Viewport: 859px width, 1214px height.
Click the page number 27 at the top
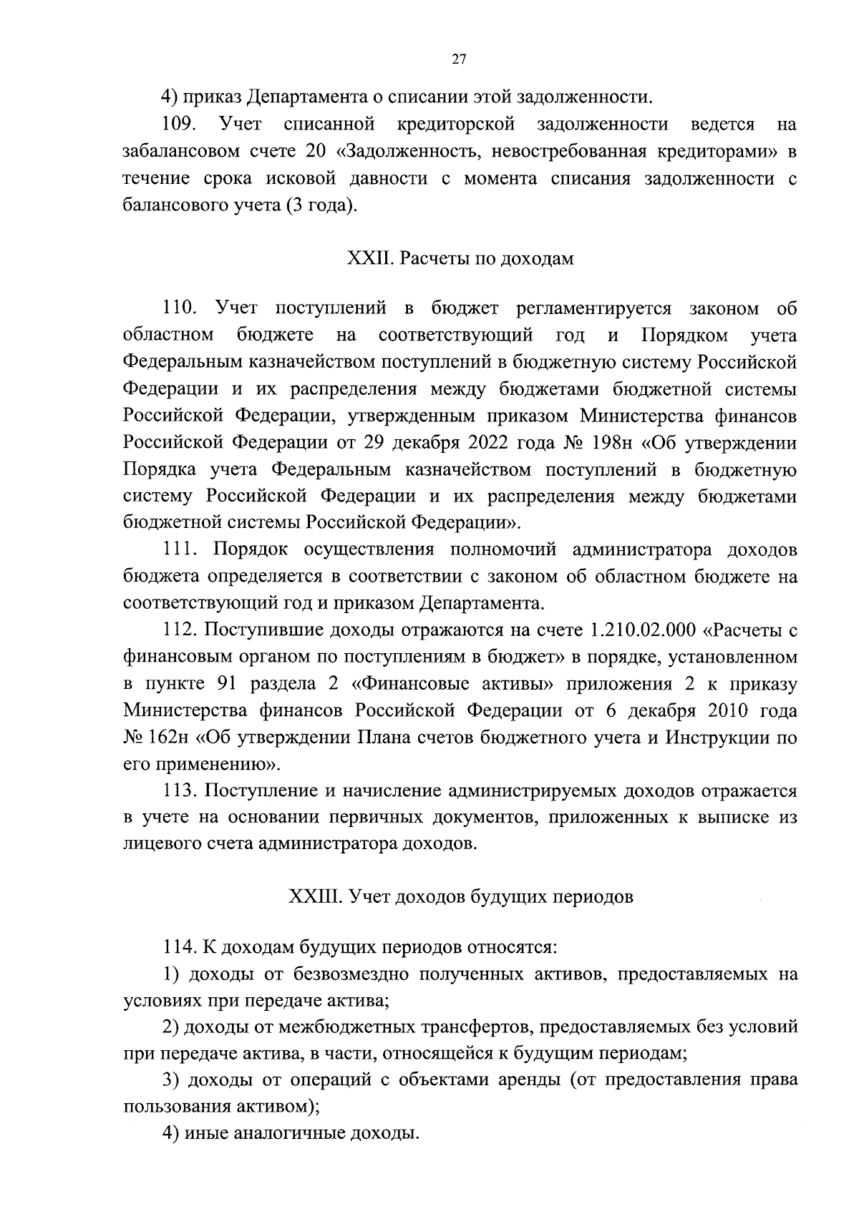[459, 61]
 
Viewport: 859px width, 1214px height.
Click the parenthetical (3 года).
[321, 206]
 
